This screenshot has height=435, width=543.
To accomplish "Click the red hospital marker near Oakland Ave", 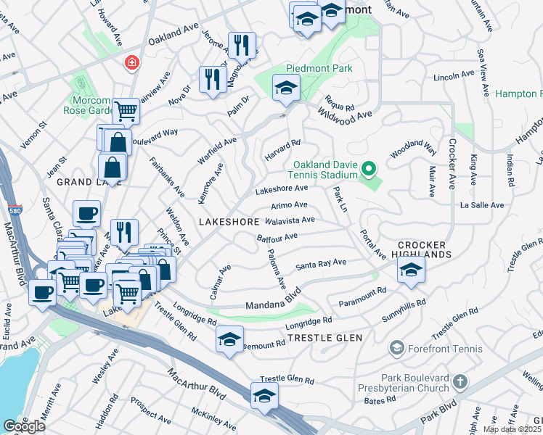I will (x=132, y=63).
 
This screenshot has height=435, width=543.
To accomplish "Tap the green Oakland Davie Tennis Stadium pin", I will (x=369, y=170).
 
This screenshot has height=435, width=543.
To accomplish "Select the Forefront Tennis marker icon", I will (x=396, y=349).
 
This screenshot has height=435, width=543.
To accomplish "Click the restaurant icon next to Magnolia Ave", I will (x=242, y=46).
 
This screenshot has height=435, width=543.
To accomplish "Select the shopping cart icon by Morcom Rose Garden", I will (x=126, y=111).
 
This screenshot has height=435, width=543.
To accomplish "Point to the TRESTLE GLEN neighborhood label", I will (x=324, y=338).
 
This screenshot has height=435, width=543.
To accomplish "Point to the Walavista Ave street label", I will (x=290, y=220).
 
